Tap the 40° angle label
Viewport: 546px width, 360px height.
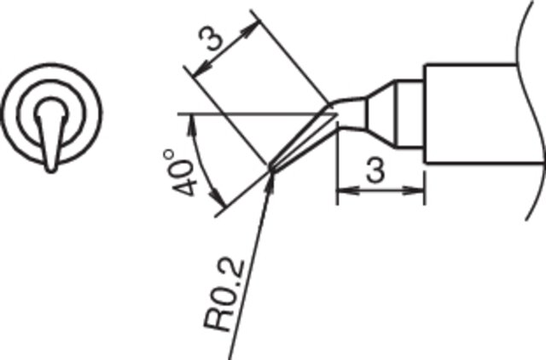[179, 173]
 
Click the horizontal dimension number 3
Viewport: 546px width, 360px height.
[375, 171]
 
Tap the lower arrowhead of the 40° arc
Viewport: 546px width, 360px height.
[218, 199]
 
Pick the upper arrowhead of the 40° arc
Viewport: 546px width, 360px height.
[191, 126]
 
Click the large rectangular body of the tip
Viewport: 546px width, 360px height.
[471, 113]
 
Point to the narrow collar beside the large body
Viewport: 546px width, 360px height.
[409, 114]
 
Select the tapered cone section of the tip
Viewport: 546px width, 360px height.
[380, 114]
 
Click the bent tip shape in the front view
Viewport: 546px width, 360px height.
[51, 135]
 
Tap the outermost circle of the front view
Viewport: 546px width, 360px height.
[51, 113]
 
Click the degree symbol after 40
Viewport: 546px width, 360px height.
[169, 154]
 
